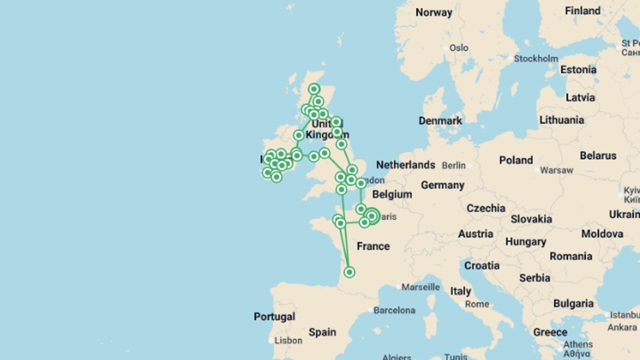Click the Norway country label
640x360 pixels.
(434, 13)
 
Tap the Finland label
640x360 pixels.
(582, 11)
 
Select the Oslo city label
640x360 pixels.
(459, 48)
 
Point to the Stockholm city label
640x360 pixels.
(536, 59)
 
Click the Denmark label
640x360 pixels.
(440, 121)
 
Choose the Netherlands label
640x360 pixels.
(405, 165)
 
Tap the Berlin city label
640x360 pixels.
(454, 165)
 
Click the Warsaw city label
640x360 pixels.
(556, 170)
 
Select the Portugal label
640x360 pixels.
(274, 316)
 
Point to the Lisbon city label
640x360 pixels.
(288, 340)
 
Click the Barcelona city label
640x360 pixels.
(394, 310)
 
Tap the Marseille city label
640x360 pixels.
(420, 287)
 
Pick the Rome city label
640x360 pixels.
(477, 304)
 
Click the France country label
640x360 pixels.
(373, 246)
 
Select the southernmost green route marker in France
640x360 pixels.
(349, 272)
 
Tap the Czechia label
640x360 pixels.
(486, 208)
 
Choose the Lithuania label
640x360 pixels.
(562, 120)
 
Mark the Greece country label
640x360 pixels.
(550, 332)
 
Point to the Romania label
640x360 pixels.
(571, 256)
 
